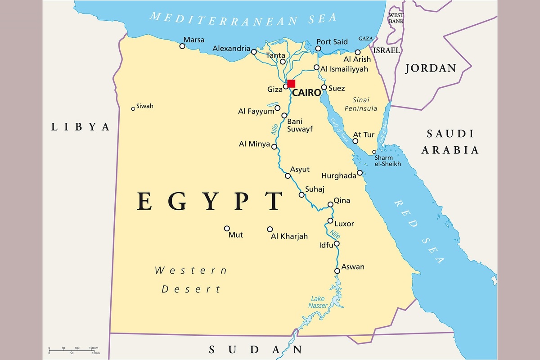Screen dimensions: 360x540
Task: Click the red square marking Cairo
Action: pos(291,83)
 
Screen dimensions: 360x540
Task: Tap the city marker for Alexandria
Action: pos(254,52)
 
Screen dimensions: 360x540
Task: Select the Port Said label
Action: pos(332,42)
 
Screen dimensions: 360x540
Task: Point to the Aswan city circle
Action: pos(337,271)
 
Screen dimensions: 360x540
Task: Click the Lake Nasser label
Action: pos(318,302)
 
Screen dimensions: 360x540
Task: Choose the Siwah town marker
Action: pos(133,108)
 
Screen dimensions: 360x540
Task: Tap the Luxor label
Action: pos(344,224)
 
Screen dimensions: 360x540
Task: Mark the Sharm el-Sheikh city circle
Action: pos(374,152)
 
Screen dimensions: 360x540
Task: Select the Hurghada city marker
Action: pos(360,173)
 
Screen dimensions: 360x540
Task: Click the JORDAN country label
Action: pos(431,68)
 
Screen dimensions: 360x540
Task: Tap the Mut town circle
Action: pos(227,228)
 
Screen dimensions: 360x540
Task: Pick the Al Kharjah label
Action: pos(289,236)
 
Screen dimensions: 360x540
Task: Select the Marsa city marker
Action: pos(182,46)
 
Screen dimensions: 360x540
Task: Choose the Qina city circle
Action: pos(330,204)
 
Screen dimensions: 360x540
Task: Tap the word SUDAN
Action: pos(255,350)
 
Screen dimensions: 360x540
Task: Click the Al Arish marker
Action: pos(358,52)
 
